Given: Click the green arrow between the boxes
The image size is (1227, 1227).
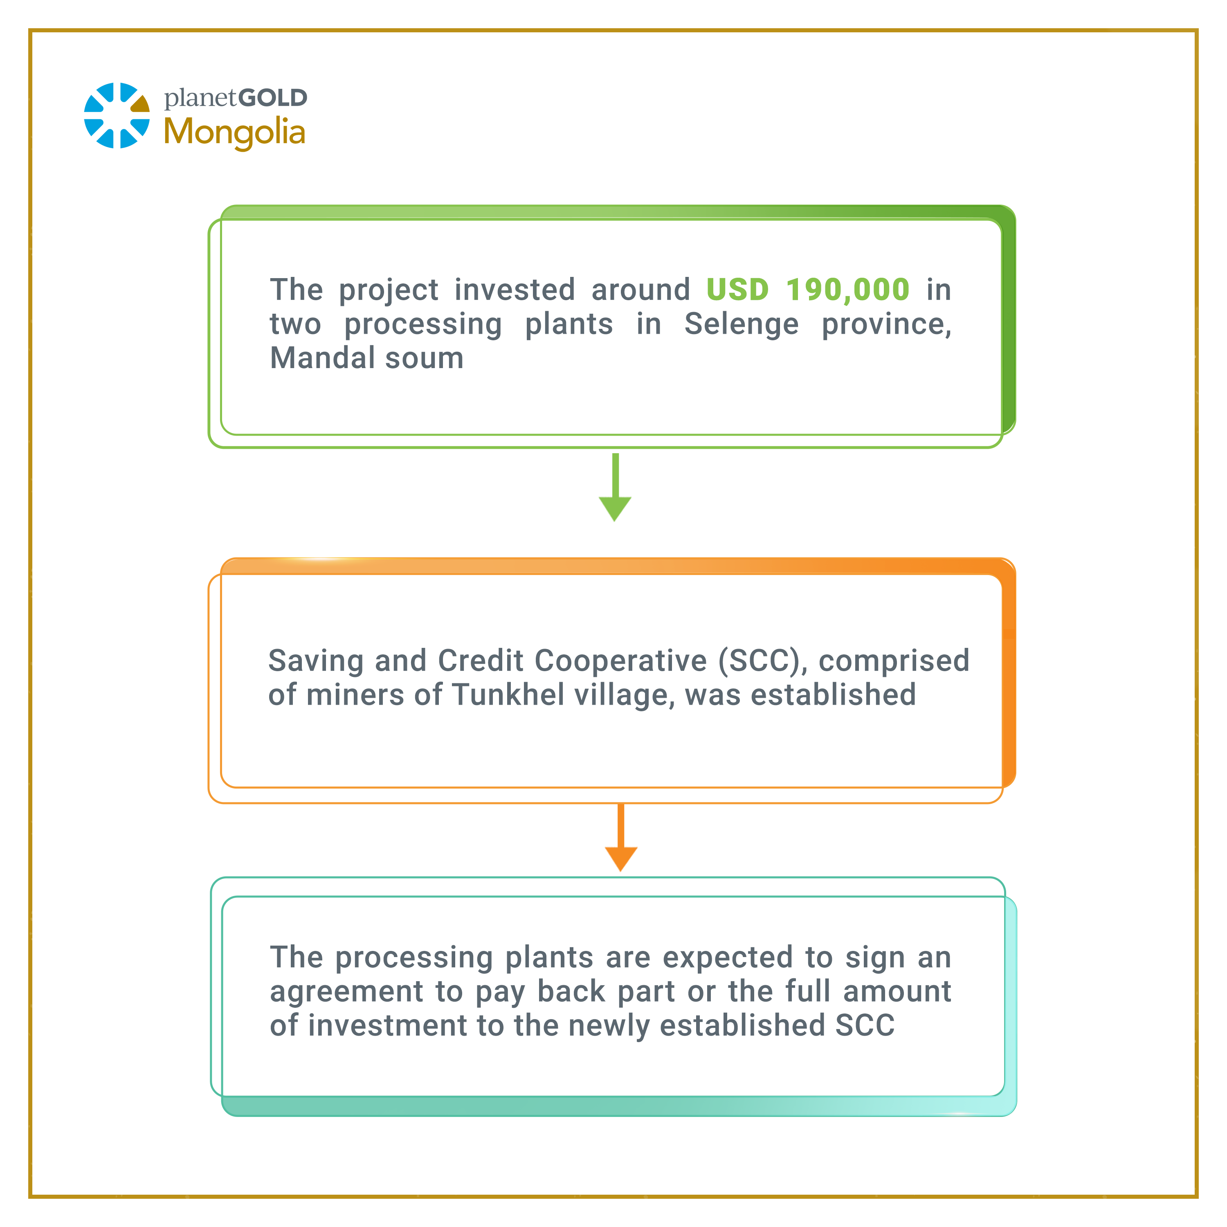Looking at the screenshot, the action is coord(615,487).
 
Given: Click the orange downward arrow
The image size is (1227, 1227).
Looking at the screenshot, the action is coord(620,837).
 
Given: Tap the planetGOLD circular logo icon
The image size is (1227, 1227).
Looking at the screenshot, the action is coord(117,116).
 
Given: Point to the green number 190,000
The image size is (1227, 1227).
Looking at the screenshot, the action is coord(848,290).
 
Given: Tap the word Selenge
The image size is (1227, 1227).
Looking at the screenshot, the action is coord(741,324).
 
